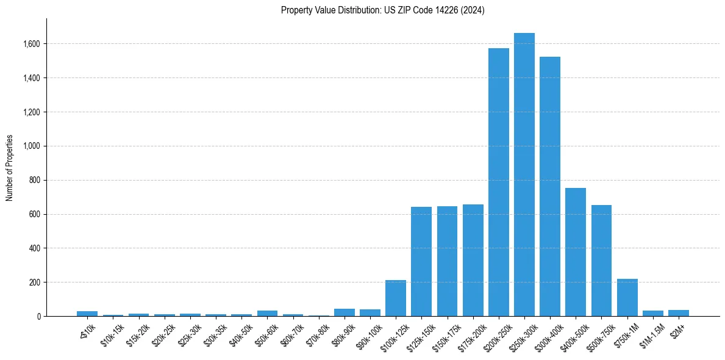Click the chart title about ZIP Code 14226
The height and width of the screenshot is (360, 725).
pyautogui.click(x=382, y=10)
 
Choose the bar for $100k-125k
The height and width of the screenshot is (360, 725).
pyautogui.click(x=396, y=298)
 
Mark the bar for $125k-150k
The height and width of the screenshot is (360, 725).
pyautogui.click(x=421, y=262)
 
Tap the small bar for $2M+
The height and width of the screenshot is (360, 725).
pyautogui.click(x=678, y=313)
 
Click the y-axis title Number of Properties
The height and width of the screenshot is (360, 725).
pyautogui.click(x=10, y=167)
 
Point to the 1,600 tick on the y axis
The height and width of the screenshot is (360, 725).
pyautogui.click(x=32, y=44)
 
